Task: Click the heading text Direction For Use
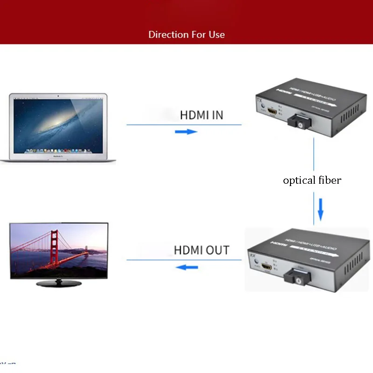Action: pyautogui.click(x=186, y=35)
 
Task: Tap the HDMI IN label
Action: pyautogui.click(x=201, y=115)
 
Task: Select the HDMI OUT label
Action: pyautogui.click(x=201, y=250)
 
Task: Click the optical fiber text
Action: pyautogui.click(x=312, y=180)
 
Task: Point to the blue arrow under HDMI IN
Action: pyautogui.click(x=186, y=132)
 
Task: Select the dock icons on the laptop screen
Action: pyautogui.click(x=58, y=151)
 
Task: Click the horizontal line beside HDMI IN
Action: pyautogui.click(x=149, y=124)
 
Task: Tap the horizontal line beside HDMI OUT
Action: pyautogui.click(x=149, y=259)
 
